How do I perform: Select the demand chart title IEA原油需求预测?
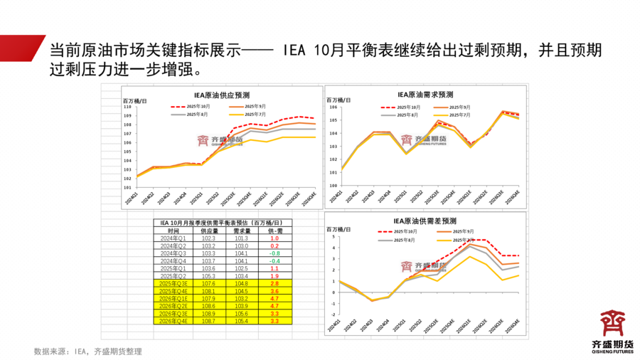pos(425,94)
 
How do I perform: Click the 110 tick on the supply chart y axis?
pos(128,107)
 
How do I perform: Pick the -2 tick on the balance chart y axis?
pos(334,315)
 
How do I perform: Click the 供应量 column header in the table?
pos(208,231)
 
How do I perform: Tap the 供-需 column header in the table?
pos(274,231)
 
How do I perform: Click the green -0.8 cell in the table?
pos(274,253)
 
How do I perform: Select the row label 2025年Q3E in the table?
pos(174,283)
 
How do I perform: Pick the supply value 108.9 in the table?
pos(208,313)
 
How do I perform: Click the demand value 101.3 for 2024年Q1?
pos(241,238)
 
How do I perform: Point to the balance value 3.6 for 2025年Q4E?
pos(274,291)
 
